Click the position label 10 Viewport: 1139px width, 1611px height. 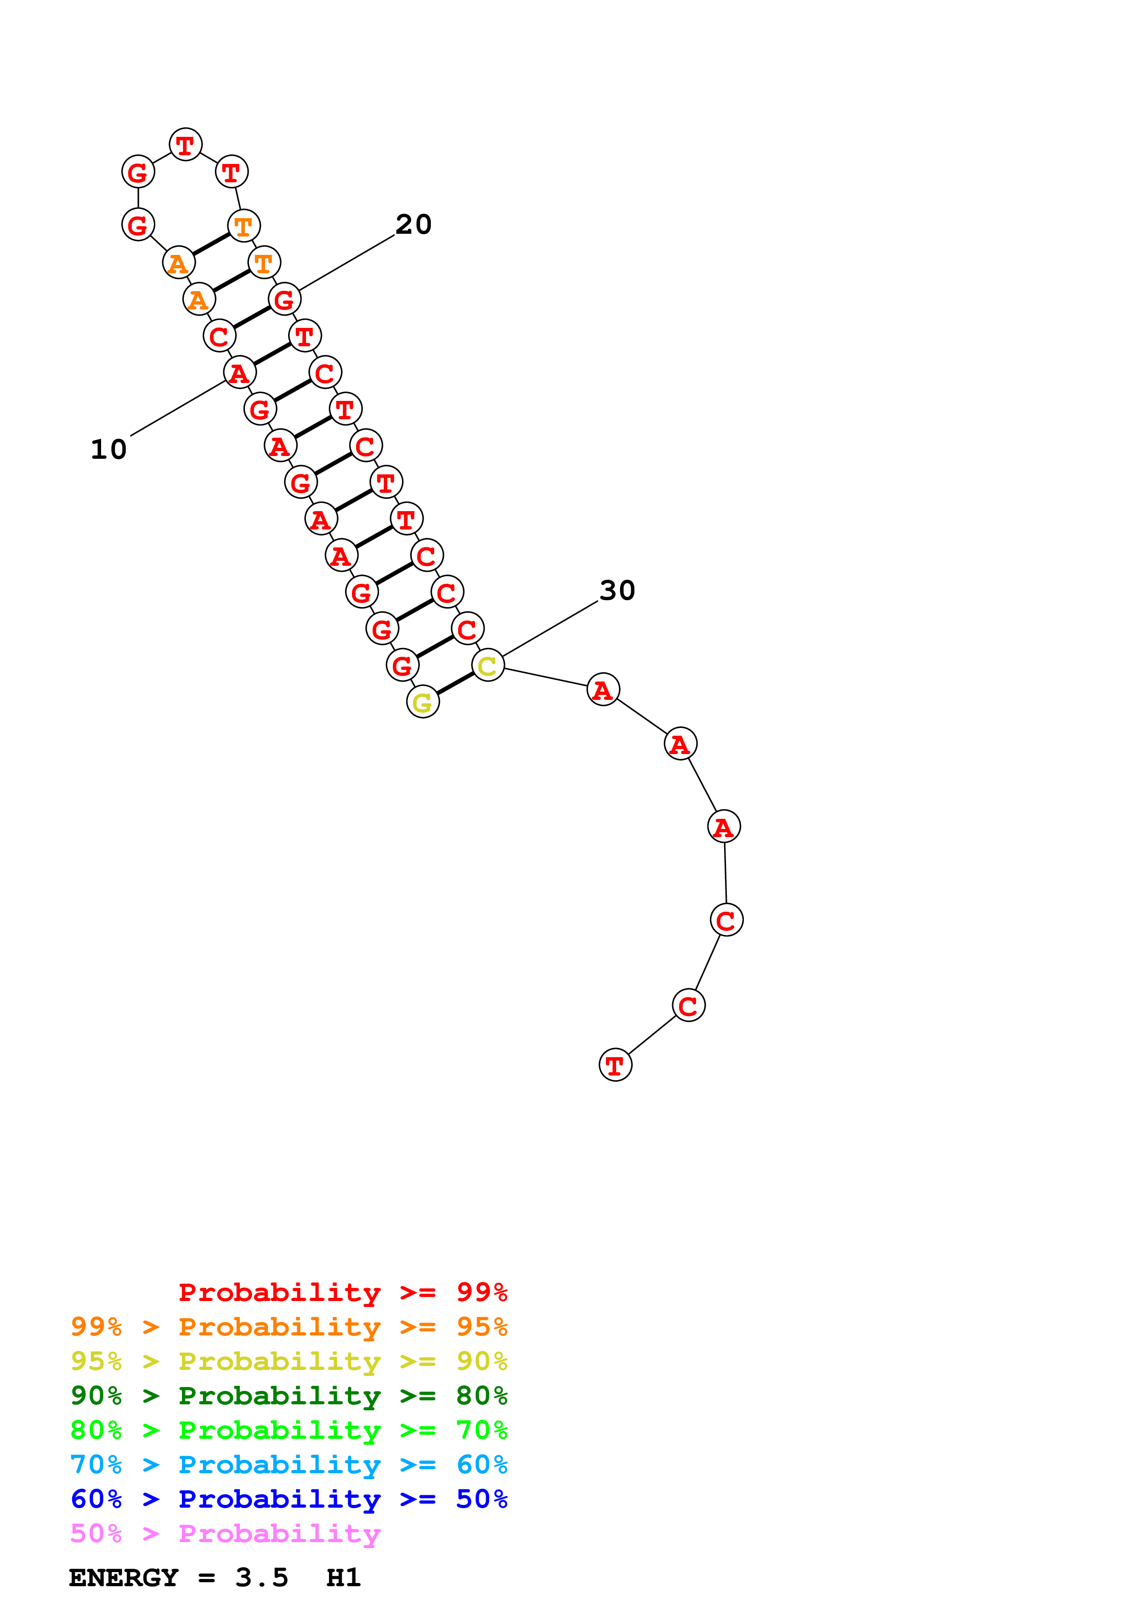pos(109,450)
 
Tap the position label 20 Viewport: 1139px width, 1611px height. pos(414,225)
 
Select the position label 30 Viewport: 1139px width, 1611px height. pos(617,590)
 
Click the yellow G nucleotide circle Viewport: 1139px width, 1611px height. pos(423,702)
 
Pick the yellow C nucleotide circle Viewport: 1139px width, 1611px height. pos(488,665)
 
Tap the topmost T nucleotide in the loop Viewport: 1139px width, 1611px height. pos(185,145)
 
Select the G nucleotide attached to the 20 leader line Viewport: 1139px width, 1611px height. pos(284,299)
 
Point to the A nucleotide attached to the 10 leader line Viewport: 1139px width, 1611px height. pos(239,372)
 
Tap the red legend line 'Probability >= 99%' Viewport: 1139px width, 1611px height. pos(342,1292)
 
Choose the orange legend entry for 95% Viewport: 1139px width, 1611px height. pos(289,1326)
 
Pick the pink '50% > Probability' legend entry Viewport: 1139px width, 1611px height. pos(225,1533)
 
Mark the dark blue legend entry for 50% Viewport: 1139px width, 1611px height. pos(289,1499)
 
